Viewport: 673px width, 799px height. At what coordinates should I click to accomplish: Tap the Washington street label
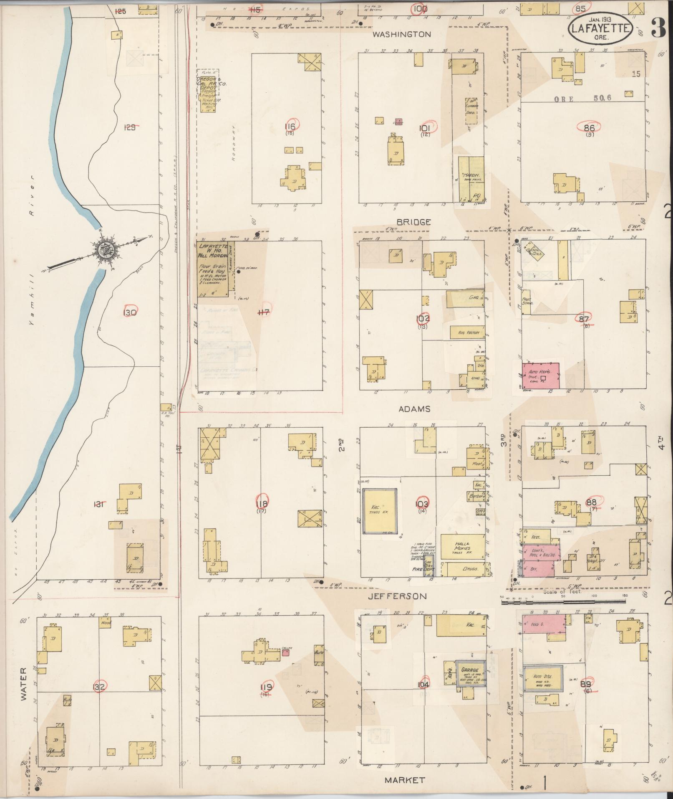(x=401, y=35)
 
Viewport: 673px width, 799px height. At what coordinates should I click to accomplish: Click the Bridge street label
(x=413, y=222)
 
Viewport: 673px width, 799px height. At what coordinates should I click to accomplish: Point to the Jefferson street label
(x=397, y=596)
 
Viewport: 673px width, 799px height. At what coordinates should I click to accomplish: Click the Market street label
(x=404, y=780)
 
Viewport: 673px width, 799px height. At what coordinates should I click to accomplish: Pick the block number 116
(x=290, y=127)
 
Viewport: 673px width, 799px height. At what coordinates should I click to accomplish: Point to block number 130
(x=130, y=312)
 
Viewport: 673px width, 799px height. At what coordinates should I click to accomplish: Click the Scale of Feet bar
(x=563, y=602)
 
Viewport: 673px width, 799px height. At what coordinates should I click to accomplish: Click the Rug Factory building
(x=467, y=332)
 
